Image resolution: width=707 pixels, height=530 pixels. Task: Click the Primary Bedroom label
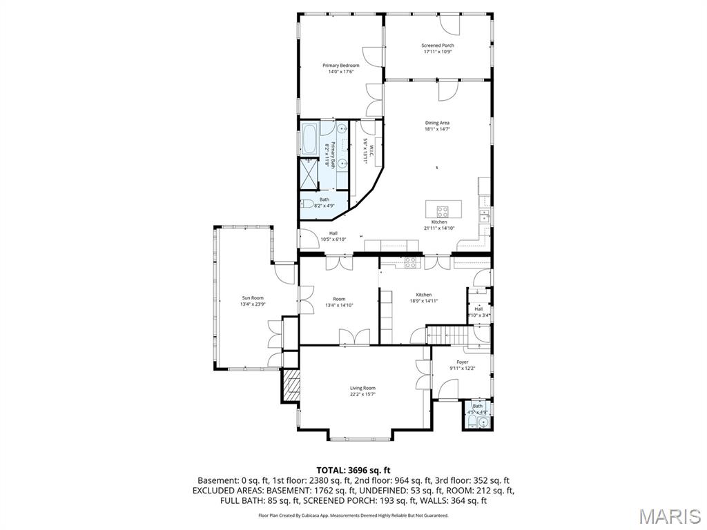(x=341, y=66)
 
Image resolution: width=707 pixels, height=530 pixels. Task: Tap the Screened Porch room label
(x=438, y=46)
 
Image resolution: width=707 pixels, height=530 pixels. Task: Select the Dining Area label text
(x=437, y=123)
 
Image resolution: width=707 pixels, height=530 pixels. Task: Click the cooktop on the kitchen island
(x=443, y=211)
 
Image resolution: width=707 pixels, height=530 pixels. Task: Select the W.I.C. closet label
(x=370, y=151)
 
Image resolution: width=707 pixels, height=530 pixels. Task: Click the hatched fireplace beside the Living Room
(x=291, y=384)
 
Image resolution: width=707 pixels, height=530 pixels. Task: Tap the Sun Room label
(x=252, y=298)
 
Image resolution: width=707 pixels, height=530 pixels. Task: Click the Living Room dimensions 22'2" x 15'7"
(x=362, y=395)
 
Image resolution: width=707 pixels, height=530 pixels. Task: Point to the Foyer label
(x=462, y=362)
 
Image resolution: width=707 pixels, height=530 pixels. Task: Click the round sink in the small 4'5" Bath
(x=483, y=421)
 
